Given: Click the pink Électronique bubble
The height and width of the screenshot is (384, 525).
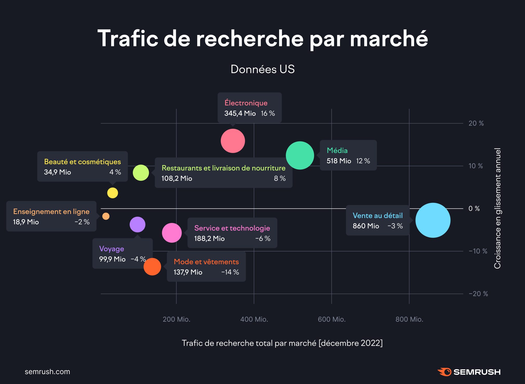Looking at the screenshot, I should coord(233,141).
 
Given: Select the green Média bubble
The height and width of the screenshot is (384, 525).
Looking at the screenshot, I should coord(300,155).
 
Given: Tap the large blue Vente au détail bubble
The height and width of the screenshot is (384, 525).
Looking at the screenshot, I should coord(433,220).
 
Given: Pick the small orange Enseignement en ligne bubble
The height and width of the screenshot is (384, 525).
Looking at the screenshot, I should coord(106,216).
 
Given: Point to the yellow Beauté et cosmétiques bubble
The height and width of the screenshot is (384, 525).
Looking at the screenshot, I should coord(113,193).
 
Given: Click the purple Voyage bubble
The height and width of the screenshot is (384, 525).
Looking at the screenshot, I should coord(137,224).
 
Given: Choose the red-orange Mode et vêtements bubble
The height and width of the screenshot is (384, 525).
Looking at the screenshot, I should coord(152,267).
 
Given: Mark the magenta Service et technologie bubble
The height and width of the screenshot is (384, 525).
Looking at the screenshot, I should coord(172,233).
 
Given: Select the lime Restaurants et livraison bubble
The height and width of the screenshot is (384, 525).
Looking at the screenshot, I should coord(141,173).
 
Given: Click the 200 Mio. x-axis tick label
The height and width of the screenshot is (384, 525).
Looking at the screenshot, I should coord(176,319).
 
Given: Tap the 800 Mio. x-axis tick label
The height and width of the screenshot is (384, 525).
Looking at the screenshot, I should coord(409,319).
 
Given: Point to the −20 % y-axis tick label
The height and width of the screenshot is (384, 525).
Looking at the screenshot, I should coord(478,294).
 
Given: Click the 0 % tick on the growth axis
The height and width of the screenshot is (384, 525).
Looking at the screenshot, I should coord(474,208).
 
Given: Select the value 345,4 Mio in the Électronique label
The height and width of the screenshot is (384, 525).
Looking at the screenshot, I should coord(240,114).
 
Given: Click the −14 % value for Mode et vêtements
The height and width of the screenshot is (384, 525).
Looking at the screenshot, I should coord(230,272).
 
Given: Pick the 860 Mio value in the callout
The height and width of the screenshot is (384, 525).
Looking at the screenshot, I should coord(366,226).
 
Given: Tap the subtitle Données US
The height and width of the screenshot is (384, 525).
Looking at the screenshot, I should coord(262,69).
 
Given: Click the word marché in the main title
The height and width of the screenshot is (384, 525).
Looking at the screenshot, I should coord(389,38).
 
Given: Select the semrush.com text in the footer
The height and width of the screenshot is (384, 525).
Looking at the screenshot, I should coord(47,372).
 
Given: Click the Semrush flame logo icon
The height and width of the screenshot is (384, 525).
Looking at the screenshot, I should coord(445,372).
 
